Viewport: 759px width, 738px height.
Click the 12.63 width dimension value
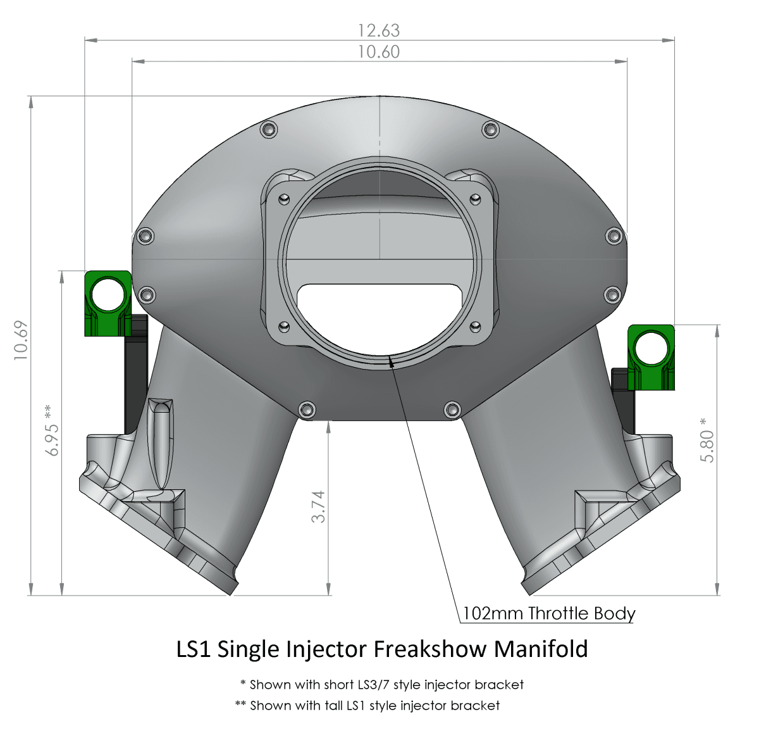[x=379, y=31]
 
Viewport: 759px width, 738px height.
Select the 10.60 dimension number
[x=379, y=52]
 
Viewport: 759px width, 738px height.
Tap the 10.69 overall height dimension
[x=21, y=341]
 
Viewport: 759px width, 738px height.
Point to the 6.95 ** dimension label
[x=52, y=430]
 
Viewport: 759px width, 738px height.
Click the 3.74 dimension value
[x=318, y=506]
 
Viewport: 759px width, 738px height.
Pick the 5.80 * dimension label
[x=707, y=441]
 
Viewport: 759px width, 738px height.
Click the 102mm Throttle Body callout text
[x=549, y=613]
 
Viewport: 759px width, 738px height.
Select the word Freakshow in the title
[x=430, y=649]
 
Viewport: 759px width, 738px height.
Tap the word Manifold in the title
[x=541, y=649]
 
